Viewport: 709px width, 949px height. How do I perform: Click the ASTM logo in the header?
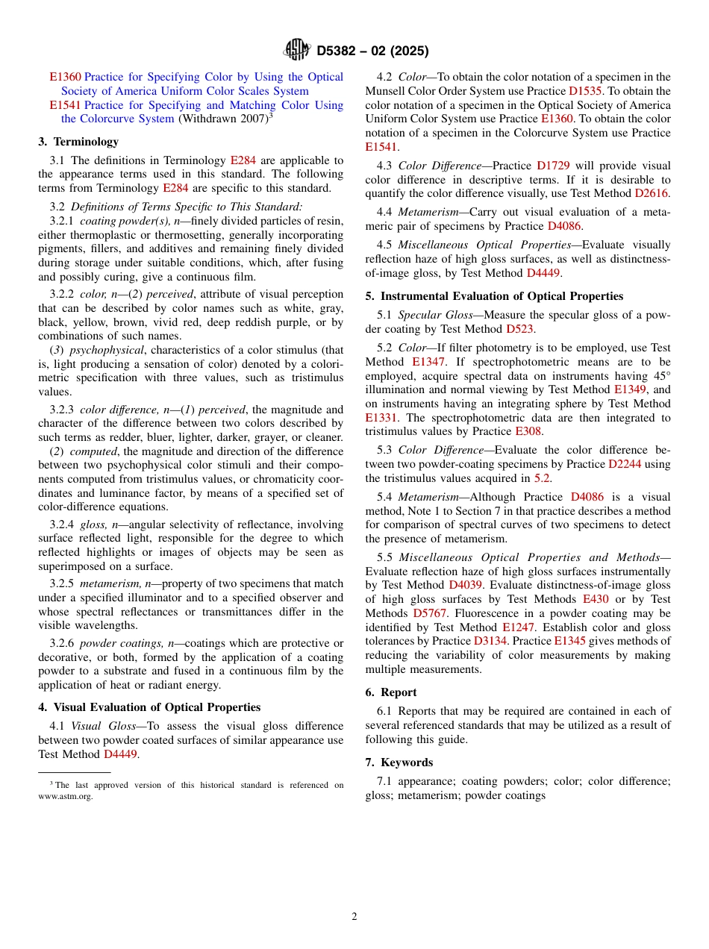click(x=296, y=51)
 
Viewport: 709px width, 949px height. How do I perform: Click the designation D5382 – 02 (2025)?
click(x=372, y=51)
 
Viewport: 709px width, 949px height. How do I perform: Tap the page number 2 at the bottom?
click(x=354, y=917)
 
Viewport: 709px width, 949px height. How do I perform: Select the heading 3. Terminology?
click(x=78, y=142)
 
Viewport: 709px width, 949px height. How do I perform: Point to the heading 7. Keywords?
click(x=399, y=762)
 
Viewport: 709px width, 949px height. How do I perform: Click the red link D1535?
click(x=585, y=91)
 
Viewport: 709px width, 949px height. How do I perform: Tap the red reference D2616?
click(x=652, y=194)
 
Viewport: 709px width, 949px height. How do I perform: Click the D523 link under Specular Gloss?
click(x=519, y=329)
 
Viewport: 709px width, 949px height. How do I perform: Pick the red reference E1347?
click(x=428, y=362)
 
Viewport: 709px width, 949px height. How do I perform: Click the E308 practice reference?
click(x=528, y=432)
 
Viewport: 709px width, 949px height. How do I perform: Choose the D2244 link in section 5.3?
click(x=624, y=464)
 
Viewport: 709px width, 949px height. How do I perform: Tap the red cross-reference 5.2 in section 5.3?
click(x=543, y=478)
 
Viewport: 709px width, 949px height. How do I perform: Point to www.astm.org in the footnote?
click(x=66, y=796)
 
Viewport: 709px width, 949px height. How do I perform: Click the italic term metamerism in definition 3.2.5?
click(x=109, y=583)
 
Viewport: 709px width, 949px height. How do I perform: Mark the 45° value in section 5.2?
click(x=659, y=376)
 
